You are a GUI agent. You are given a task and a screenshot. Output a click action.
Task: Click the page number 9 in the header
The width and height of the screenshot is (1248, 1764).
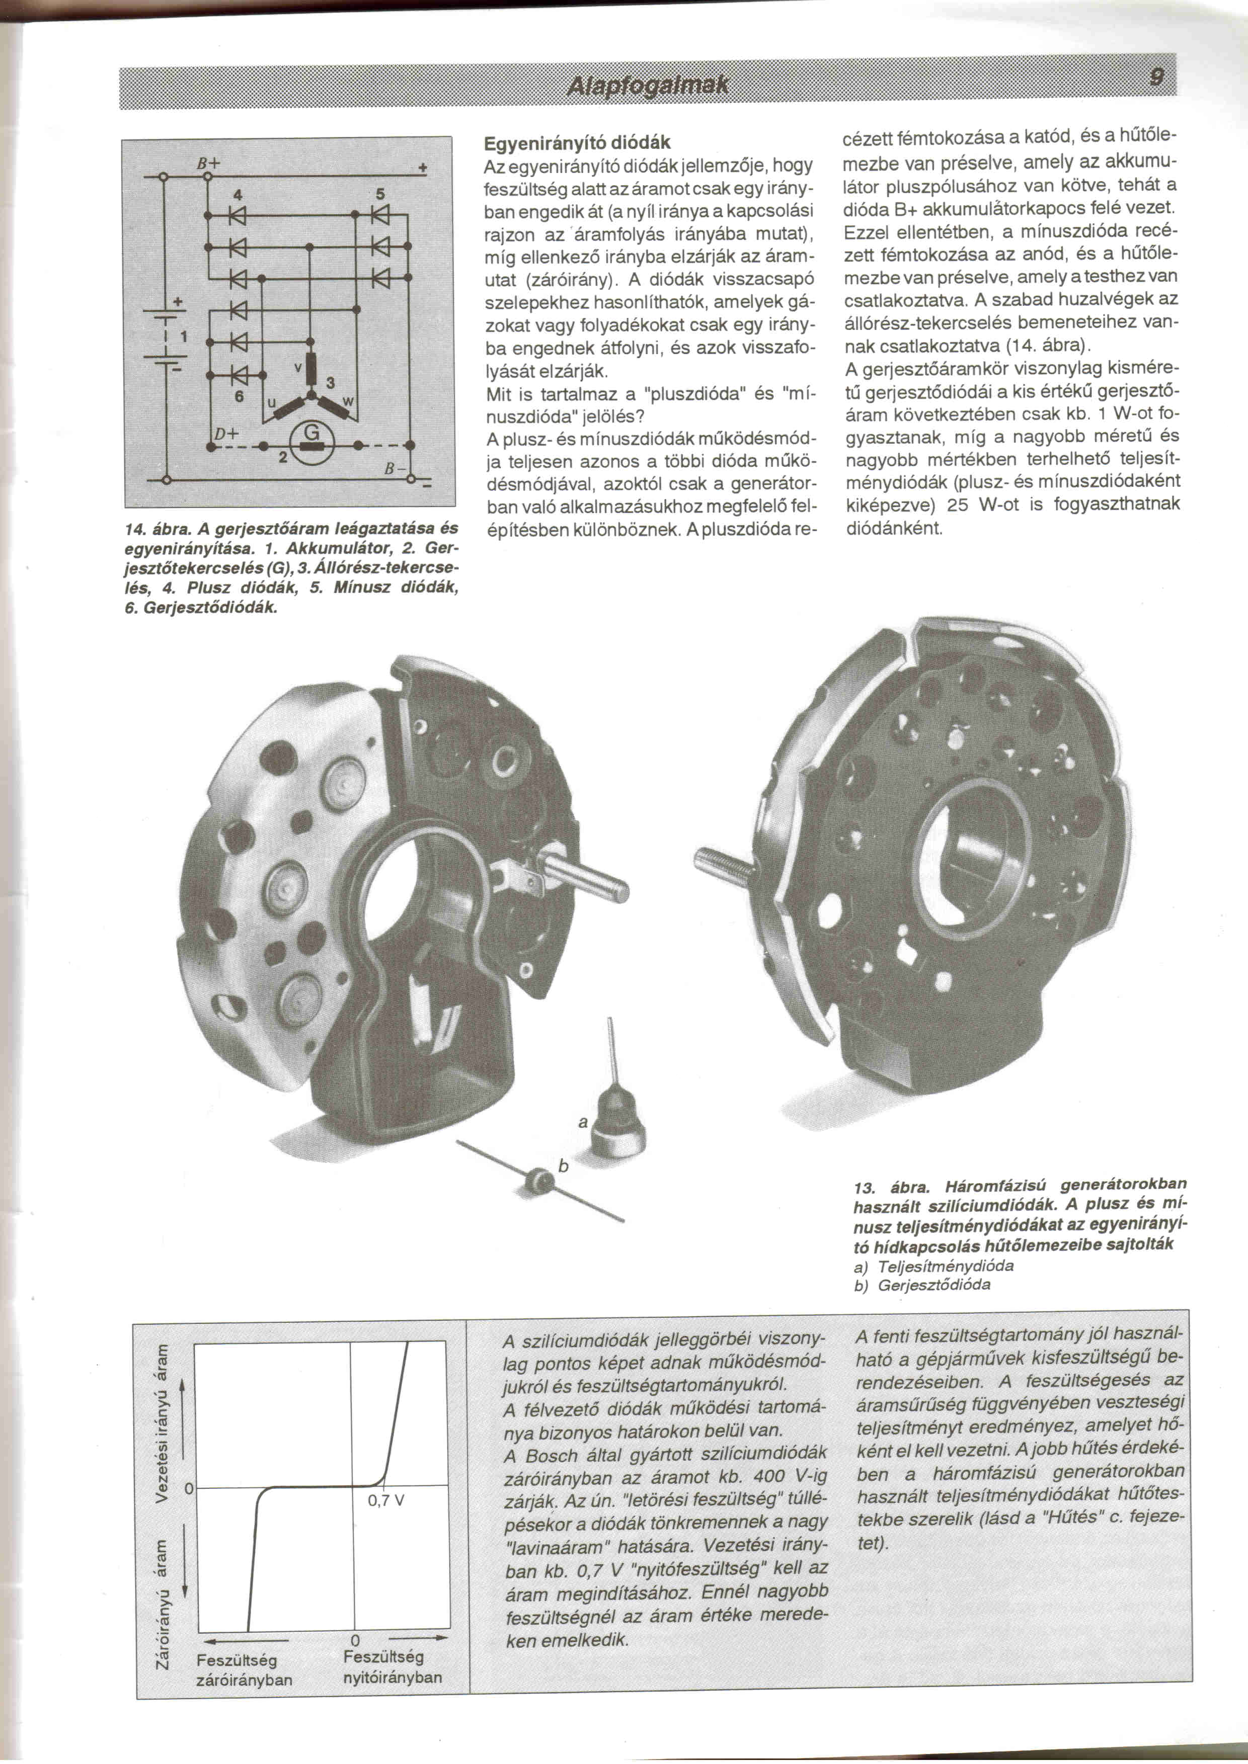tap(1154, 77)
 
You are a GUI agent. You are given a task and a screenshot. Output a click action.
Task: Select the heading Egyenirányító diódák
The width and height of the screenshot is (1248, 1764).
tap(576, 143)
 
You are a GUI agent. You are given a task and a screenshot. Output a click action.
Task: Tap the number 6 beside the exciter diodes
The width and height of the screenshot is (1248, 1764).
tap(239, 396)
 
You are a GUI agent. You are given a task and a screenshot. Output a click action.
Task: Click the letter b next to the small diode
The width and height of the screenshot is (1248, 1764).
tap(563, 1167)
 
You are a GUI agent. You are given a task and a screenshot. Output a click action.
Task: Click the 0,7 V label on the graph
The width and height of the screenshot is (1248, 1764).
tap(386, 1499)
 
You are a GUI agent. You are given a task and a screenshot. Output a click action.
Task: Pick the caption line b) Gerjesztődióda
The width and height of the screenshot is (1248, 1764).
tap(922, 1285)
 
